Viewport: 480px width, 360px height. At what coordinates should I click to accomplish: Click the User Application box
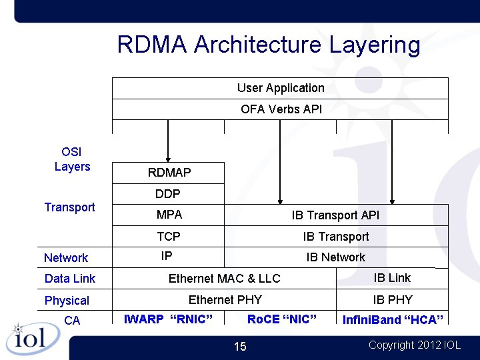click(x=281, y=88)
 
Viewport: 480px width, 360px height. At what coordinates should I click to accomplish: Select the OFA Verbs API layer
click(x=281, y=109)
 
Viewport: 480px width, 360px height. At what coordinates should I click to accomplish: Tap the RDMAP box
click(x=169, y=173)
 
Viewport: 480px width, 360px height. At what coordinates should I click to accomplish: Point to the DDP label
click(x=168, y=194)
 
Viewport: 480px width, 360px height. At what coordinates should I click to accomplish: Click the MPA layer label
click(x=169, y=215)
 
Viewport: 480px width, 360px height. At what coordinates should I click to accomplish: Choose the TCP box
click(x=169, y=236)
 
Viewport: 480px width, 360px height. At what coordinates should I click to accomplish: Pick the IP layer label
click(x=167, y=256)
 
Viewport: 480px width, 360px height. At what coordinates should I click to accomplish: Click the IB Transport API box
click(x=335, y=215)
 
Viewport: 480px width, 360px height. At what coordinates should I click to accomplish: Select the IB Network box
click(x=335, y=257)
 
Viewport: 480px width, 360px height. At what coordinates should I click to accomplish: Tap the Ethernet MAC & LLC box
click(x=224, y=279)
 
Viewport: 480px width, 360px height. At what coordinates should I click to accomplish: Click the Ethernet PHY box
click(x=225, y=299)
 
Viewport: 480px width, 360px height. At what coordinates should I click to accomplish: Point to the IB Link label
click(x=392, y=278)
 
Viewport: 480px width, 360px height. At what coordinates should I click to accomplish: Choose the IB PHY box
click(x=392, y=299)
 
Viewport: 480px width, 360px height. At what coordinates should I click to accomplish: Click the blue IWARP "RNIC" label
click(x=169, y=319)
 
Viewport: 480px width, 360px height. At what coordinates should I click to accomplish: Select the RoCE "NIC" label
click(x=281, y=319)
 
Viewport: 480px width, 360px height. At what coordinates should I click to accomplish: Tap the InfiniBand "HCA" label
click(x=393, y=320)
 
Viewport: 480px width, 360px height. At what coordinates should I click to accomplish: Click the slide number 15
click(x=240, y=346)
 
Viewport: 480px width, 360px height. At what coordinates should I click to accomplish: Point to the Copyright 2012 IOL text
click(x=414, y=345)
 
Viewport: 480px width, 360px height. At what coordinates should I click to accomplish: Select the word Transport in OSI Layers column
click(x=70, y=207)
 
